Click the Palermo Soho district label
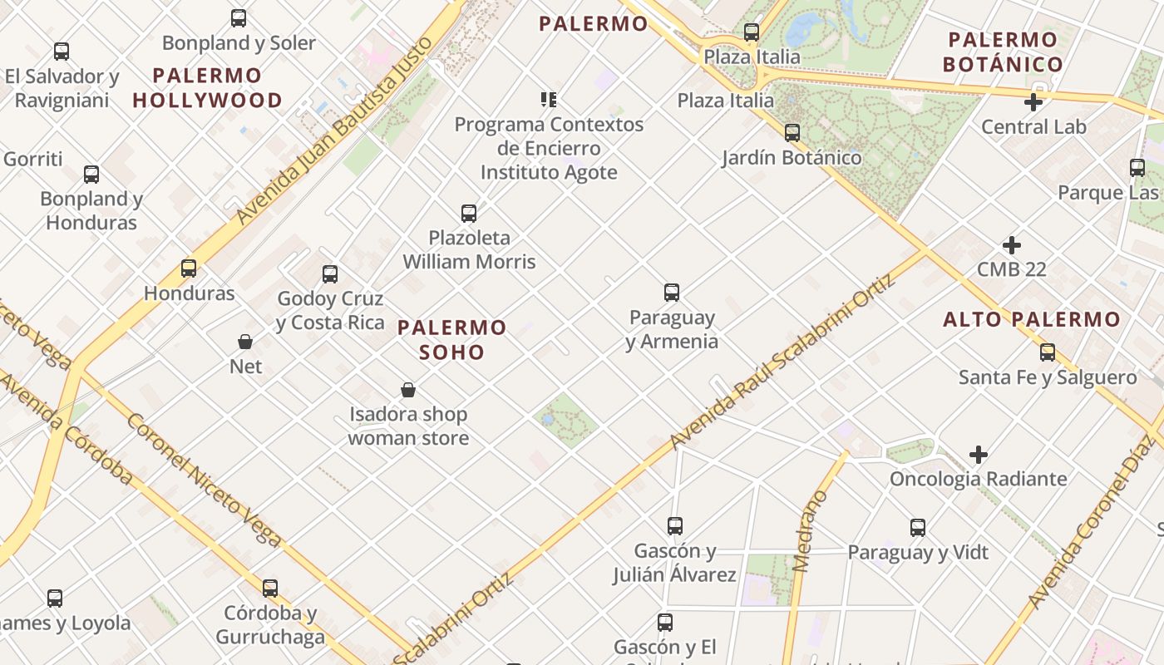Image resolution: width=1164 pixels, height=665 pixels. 451,339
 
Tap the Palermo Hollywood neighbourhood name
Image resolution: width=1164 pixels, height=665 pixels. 207,87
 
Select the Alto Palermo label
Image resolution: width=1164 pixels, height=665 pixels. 1032,319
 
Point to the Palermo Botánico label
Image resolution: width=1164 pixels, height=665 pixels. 1003,52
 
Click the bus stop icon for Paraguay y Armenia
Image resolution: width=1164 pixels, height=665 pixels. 672,293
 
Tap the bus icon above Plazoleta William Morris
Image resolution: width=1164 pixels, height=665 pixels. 469,214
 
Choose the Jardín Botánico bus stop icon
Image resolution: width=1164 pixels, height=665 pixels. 792,133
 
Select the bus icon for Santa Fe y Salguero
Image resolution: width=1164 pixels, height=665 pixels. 1048,352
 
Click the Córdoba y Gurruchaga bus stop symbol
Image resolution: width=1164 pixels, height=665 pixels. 270,589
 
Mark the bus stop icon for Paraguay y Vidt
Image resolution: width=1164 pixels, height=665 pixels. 918,528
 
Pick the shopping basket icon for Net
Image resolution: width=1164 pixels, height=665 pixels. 245,342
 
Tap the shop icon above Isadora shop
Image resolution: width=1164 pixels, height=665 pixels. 408,390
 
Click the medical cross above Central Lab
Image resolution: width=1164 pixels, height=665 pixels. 1033,103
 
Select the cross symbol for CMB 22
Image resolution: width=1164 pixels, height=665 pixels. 1012,245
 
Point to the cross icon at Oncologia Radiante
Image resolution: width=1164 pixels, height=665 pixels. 979,455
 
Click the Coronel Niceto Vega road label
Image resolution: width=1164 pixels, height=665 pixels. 205,480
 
